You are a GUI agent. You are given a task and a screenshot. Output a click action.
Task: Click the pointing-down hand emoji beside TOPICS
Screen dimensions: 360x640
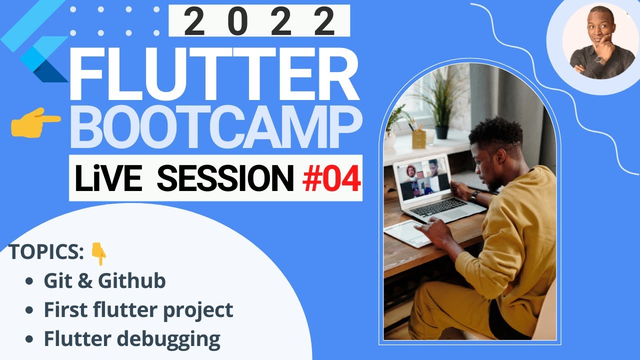(x=98, y=254)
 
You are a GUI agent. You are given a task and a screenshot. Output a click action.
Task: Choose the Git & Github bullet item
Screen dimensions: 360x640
(x=104, y=281)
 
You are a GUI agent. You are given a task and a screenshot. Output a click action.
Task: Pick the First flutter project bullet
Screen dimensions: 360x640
(x=138, y=310)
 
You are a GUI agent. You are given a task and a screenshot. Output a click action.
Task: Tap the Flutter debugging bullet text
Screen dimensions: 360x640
(x=132, y=339)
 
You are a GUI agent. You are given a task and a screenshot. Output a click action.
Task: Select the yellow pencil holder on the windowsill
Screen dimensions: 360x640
(x=418, y=138)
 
